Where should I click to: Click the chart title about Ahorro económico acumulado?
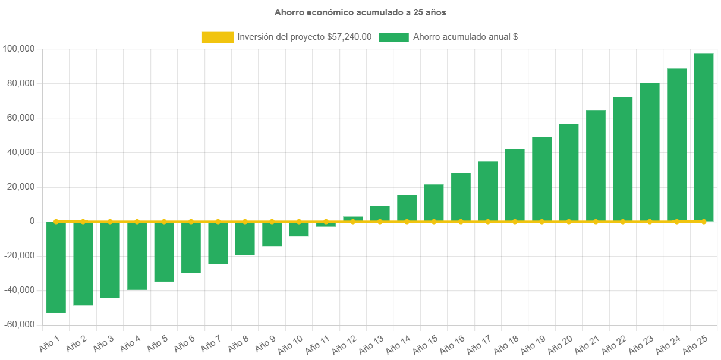[360, 12]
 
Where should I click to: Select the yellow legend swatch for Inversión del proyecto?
[218, 37]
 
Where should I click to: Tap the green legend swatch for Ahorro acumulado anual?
[393, 37]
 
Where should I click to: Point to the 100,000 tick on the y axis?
[18, 48]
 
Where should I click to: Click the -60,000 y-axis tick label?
[18, 324]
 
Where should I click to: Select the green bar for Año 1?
[56, 267]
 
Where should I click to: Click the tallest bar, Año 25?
[704, 137]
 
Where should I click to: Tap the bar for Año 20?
[569, 172]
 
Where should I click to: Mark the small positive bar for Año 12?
[353, 219]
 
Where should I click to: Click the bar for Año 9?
[272, 234]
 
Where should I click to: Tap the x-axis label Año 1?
[51, 342]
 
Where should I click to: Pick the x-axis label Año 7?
[212, 342]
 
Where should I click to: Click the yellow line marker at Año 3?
[110, 222]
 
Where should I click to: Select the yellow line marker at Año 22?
[623, 222]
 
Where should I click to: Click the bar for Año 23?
[650, 152]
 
